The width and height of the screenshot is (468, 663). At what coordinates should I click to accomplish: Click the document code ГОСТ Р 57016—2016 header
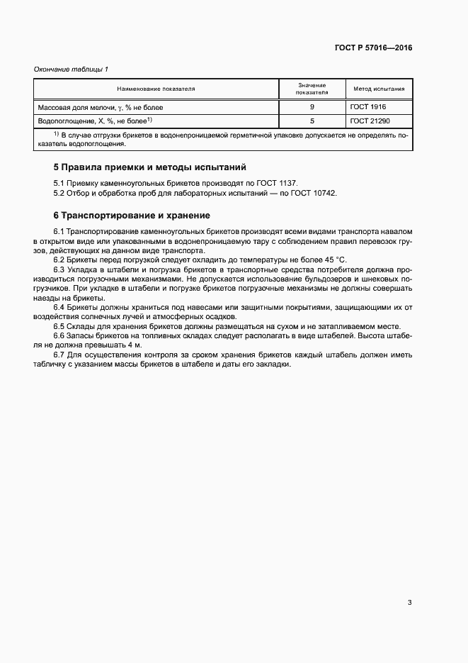[373, 48]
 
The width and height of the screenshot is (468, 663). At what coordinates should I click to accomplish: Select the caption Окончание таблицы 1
[72, 69]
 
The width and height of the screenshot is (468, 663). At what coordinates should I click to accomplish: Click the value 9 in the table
[312, 107]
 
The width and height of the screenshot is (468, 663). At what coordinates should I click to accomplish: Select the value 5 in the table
[312, 121]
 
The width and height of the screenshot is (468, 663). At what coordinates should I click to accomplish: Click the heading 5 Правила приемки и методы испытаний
[150, 167]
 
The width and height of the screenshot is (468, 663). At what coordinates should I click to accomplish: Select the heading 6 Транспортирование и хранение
[132, 215]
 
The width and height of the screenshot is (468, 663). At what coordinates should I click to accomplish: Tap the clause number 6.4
[59, 306]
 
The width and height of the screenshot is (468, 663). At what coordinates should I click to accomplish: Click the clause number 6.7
[59, 354]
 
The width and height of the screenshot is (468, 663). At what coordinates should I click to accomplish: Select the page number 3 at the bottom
[409, 603]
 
